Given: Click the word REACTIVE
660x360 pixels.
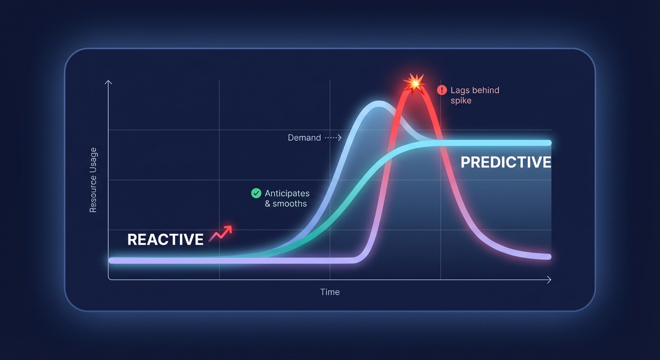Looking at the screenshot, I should pyautogui.click(x=165, y=240).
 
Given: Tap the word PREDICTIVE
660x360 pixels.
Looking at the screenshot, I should pyautogui.click(x=506, y=163).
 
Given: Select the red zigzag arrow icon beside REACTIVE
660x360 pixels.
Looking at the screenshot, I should pyautogui.click(x=220, y=233).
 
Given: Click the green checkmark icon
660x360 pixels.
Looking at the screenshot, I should pyautogui.click(x=256, y=193).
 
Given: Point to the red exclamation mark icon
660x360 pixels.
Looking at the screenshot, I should pyautogui.click(x=442, y=90).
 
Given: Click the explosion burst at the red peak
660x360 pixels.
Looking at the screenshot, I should pyautogui.click(x=414, y=83).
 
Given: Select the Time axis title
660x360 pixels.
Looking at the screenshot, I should pyautogui.click(x=330, y=292).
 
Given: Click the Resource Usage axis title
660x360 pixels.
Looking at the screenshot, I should pyautogui.click(x=93, y=180).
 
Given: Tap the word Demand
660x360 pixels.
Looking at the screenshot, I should pyautogui.click(x=304, y=138).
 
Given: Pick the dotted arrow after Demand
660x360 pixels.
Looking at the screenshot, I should pyautogui.click(x=333, y=138).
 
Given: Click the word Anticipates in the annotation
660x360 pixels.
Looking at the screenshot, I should pyautogui.click(x=287, y=193).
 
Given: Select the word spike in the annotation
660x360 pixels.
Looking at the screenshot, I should pyautogui.click(x=461, y=101).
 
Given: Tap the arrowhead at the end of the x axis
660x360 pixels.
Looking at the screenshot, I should pyautogui.click(x=549, y=280).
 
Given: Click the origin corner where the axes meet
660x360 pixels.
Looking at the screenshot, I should pyautogui.click(x=109, y=280).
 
